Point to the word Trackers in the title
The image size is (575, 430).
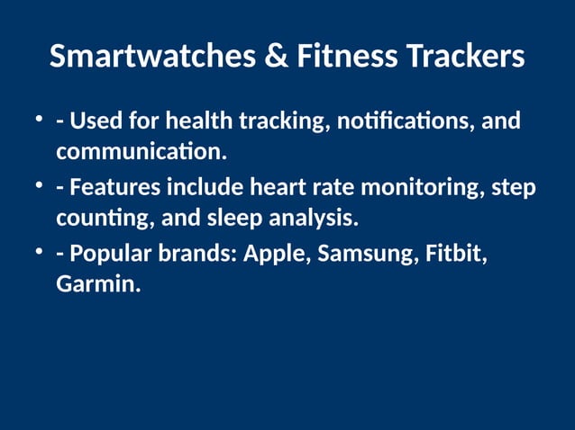tap(465, 57)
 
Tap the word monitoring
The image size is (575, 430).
tap(423, 188)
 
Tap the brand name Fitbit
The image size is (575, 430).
tap(455, 255)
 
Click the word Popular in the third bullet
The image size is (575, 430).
tap(108, 255)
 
